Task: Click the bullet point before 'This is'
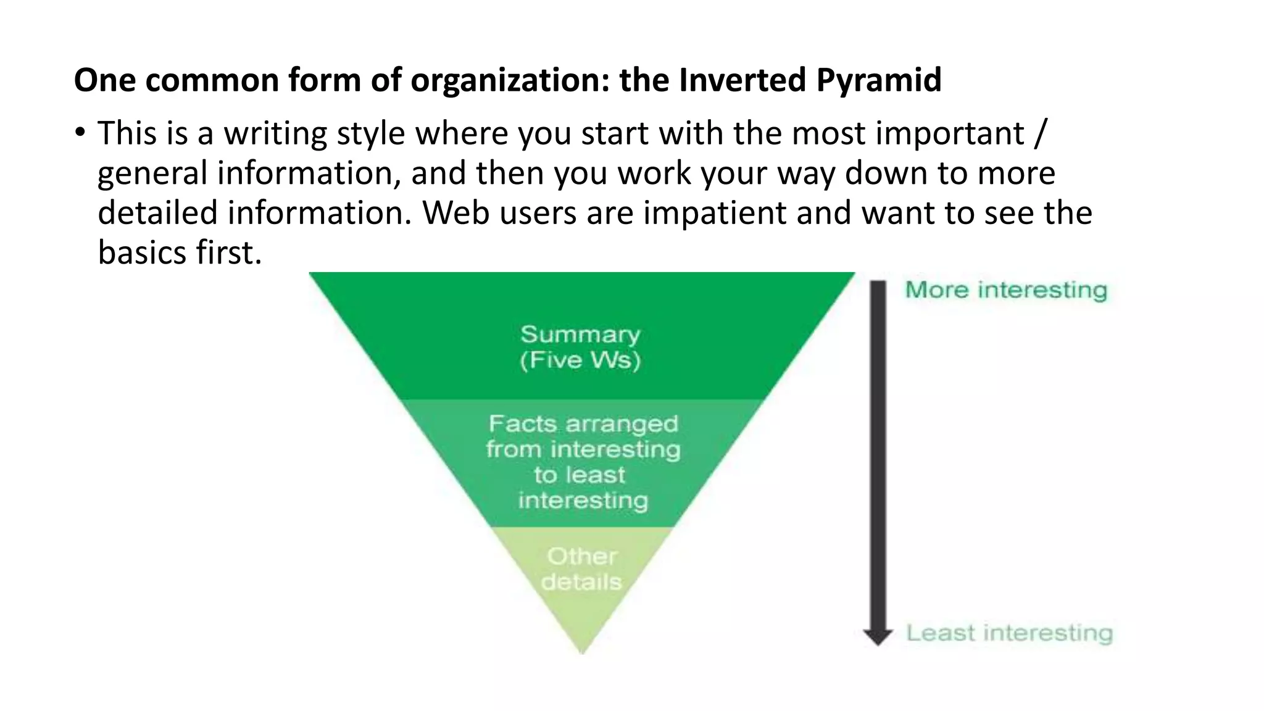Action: pos(79,133)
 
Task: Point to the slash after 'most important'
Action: pos(1040,133)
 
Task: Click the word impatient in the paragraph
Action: pos(715,213)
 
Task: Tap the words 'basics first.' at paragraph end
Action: pos(180,252)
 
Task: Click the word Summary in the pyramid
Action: pos(580,335)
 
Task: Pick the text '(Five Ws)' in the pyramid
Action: pos(580,360)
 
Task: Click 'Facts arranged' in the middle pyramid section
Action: pos(583,424)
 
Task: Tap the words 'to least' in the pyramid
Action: pos(580,475)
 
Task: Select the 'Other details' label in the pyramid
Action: pos(581,569)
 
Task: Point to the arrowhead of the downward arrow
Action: pos(878,636)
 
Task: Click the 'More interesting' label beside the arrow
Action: pos(1006,290)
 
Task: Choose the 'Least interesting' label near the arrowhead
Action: pos(1010,633)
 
